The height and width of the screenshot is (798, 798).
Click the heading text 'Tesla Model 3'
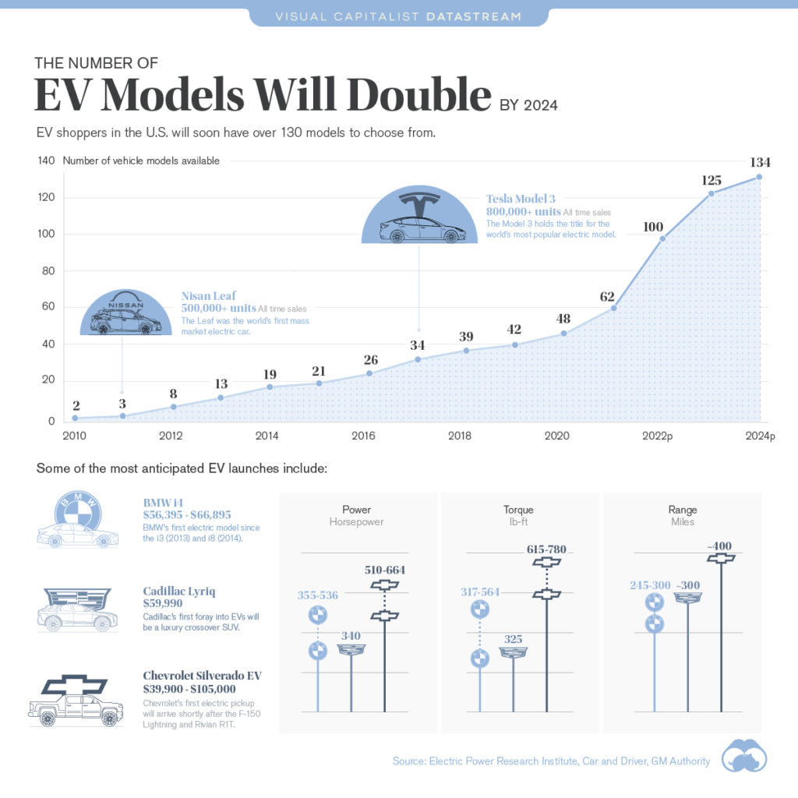[x=521, y=199]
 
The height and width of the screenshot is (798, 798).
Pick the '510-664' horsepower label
[x=385, y=570]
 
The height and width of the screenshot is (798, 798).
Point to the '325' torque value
[x=513, y=639]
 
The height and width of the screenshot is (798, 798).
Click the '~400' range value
[x=722, y=546]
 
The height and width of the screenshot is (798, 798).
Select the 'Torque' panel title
[x=518, y=510]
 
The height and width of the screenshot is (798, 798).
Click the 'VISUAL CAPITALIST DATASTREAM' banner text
[x=399, y=16]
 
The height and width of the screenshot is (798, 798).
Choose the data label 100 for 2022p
[x=653, y=227]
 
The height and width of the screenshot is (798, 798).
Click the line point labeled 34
[x=418, y=359]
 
